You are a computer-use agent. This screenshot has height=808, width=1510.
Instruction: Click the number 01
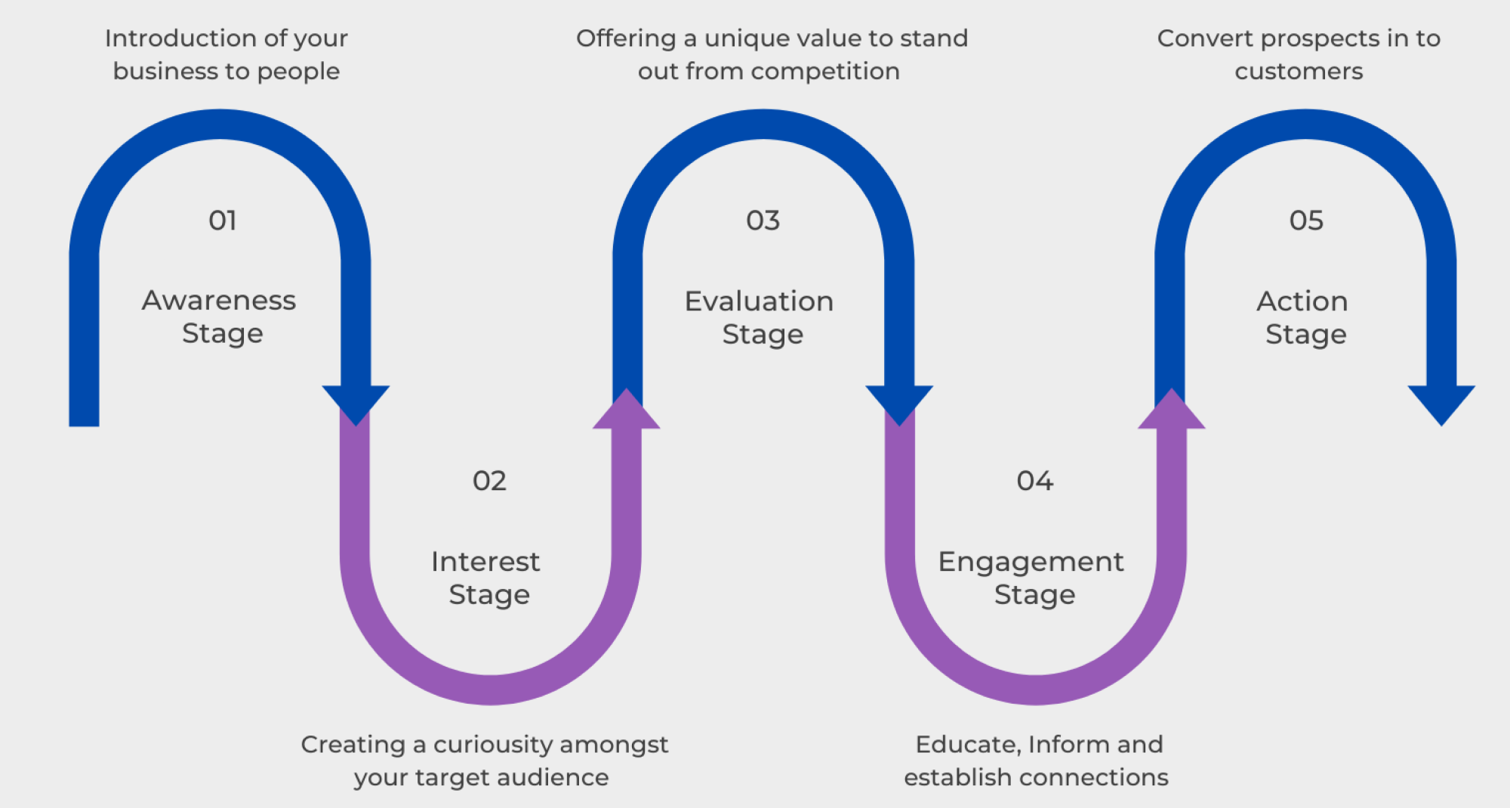coord(223,221)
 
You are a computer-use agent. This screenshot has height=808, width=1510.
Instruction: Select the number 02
coord(489,481)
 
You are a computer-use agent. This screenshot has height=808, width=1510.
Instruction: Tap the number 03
coord(763,221)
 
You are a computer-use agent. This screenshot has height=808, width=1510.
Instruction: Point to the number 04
coord(1034,481)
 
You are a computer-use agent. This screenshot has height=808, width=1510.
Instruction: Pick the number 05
coord(1306,221)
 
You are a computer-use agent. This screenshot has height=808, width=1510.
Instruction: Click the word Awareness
coord(219,301)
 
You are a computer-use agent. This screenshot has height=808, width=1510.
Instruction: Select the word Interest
coord(485,562)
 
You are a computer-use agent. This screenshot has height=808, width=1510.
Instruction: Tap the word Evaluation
coord(759,301)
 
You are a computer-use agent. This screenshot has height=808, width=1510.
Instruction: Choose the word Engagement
coord(1031,563)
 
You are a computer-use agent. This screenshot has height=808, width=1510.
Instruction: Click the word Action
coord(1302,301)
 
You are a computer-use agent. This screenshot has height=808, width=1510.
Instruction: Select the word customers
coord(1299,72)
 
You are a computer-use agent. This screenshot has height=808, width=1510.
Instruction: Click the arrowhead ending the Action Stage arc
coord(1441,406)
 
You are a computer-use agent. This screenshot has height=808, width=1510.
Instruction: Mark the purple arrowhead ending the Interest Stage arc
coord(627,409)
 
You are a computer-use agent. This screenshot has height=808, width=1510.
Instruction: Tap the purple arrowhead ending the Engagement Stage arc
coord(1171,409)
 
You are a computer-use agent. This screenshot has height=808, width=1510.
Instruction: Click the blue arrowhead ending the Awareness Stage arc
coord(356,406)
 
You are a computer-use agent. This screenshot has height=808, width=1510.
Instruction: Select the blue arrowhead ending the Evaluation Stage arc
coord(899,406)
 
